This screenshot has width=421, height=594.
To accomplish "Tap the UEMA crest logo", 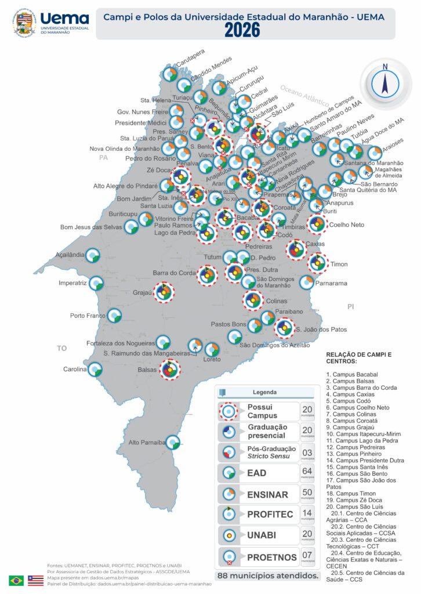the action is click(24, 22).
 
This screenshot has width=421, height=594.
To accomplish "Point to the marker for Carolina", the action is click(95, 369).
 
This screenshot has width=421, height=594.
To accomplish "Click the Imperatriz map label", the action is click(72, 283).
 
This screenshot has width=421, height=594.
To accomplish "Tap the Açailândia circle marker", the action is click(93, 255).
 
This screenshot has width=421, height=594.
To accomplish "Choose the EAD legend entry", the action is click(257, 473).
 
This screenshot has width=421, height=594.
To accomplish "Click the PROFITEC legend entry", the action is click(270, 515).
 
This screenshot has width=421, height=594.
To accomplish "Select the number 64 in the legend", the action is click(307, 470).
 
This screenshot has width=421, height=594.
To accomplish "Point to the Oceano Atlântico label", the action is click(305, 96).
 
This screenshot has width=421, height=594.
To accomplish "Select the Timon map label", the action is click(339, 264).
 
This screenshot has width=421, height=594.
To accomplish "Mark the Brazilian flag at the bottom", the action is click(16, 580).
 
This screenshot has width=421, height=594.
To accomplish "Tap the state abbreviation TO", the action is click(61, 348).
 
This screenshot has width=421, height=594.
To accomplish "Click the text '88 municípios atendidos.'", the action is click(268, 576).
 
